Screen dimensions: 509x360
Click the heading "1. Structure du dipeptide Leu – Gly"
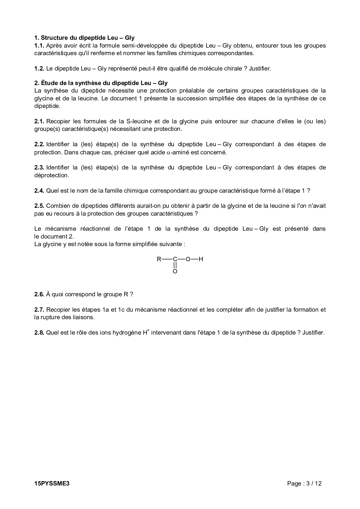pos(84,38)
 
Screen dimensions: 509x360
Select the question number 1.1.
pos(39,46)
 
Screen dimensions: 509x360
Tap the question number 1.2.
pos(39,68)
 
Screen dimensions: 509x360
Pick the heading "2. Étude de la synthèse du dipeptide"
pos(101,83)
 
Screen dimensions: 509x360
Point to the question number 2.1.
pos(39,121)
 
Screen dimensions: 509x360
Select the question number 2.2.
pos(39,144)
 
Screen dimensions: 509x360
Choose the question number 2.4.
pos(39,191)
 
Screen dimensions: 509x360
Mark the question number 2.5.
pos(39,206)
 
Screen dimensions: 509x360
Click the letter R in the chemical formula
pos(159,259)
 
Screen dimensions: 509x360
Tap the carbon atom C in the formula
pos(175,259)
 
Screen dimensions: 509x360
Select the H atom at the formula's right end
pos(201,259)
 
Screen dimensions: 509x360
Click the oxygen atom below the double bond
pos(175,272)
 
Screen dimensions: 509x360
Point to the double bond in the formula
pos(175,265)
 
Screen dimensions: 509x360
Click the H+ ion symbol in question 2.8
pos(146,332)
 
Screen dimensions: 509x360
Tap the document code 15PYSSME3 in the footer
pos(52,483)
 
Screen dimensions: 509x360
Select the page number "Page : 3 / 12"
pos(304,483)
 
